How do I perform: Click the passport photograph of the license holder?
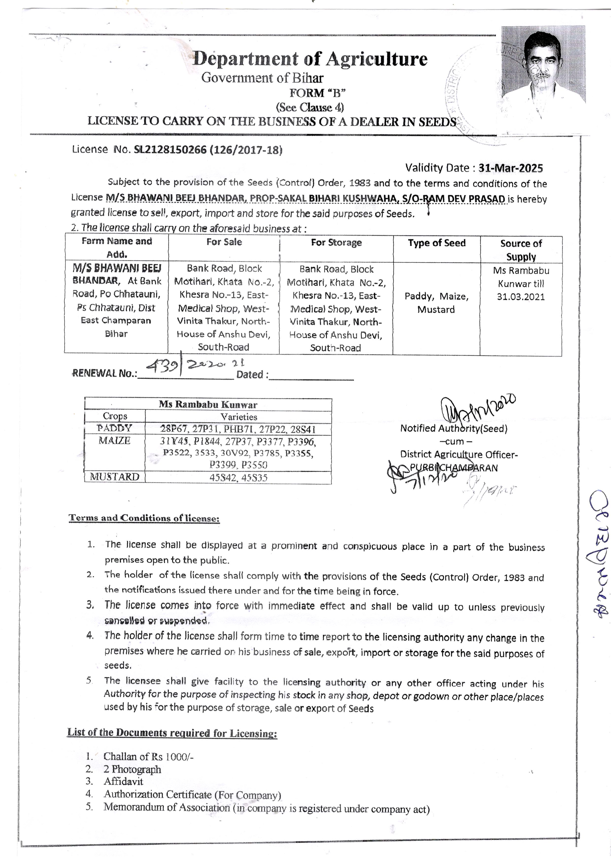(x=543, y=65)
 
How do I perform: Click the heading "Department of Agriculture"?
(x=310, y=59)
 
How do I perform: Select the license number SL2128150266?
(x=170, y=150)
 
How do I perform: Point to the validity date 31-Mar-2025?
(x=510, y=168)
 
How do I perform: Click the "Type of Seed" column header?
(x=436, y=243)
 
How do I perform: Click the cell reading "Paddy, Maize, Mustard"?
(x=436, y=303)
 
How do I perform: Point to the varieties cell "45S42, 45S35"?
(x=239, y=478)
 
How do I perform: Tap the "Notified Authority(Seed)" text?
(x=453, y=428)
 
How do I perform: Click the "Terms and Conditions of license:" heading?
(x=144, y=518)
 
